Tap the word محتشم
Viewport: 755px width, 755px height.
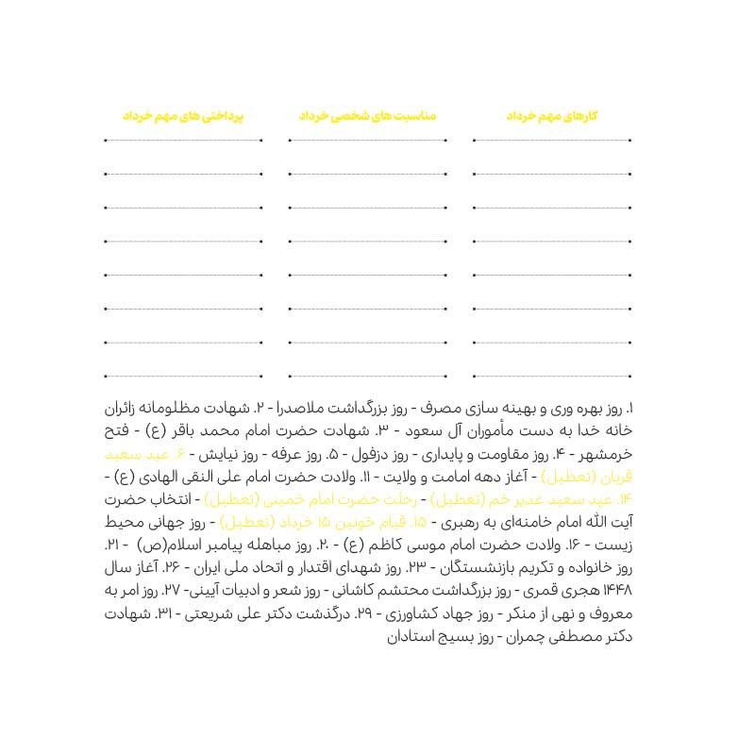pyautogui.click(x=407, y=593)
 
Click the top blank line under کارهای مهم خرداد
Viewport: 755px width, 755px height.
pyautogui.click(x=554, y=141)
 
